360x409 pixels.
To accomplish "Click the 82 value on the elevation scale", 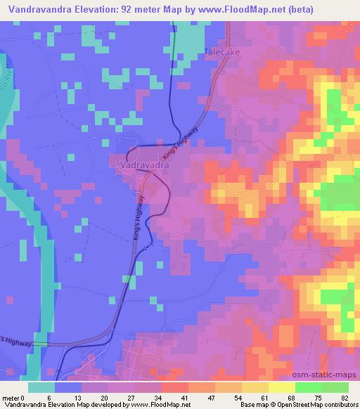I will point(345,397).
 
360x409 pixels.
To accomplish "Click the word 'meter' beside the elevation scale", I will point(12,397).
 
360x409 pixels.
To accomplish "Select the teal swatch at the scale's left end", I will point(41,387).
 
